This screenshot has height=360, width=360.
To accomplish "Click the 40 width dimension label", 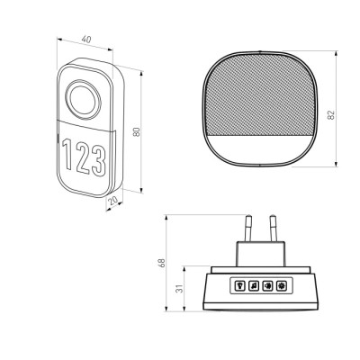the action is click(86, 40).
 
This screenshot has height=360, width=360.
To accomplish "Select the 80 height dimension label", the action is click(137, 132).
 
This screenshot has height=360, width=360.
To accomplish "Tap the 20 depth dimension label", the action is click(113, 201).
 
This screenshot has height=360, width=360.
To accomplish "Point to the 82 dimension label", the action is click(331, 115).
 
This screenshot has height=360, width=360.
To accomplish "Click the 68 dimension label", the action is click(161, 263).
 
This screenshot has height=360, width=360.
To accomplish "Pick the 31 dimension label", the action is click(179, 289).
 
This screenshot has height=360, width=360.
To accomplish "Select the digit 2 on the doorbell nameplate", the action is click(84, 157).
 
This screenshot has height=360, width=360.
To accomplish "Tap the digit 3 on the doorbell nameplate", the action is click(99, 160).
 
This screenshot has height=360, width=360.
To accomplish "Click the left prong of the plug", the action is click(247, 229).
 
